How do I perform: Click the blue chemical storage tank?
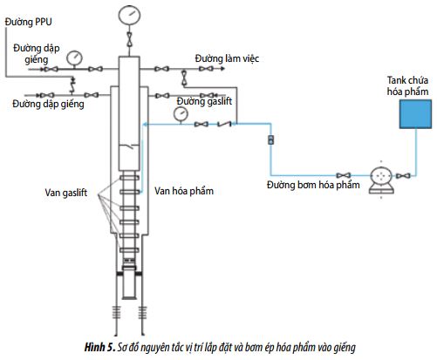(415, 114)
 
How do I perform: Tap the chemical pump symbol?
(381, 180)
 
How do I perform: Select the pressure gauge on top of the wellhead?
(129, 16)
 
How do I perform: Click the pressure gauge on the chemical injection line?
(181, 114)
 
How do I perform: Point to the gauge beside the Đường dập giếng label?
(74, 58)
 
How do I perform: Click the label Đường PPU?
(29, 22)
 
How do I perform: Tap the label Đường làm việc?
(227, 58)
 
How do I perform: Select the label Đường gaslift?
(204, 101)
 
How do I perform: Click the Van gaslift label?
(66, 193)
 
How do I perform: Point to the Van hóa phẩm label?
(184, 191)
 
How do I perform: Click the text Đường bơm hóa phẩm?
(313, 185)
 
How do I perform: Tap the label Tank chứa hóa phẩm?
(407, 85)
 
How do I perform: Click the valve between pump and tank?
(403, 176)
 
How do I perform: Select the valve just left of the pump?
(344, 175)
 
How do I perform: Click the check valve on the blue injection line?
(224, 124)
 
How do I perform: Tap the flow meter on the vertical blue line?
(270, 139)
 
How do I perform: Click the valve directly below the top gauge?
(129, 39)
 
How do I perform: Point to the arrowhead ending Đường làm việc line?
(222, 69)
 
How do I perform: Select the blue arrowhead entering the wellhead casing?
(145, 125)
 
